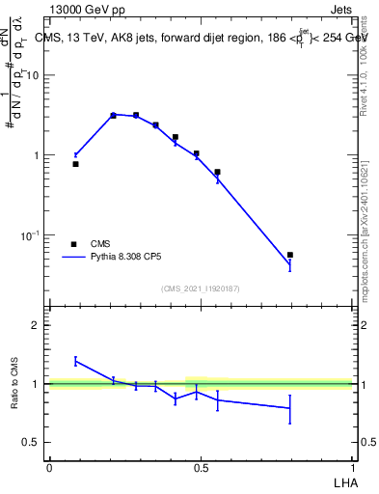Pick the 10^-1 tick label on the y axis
click(x=30, y=235)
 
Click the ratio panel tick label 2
click(x=38, y=325)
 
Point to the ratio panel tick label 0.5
click(x=32, y=443)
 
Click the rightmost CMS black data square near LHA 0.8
click(x=290, y=255)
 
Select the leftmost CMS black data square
click(x=76, y=164)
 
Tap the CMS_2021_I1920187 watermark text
click(x=202, y=288)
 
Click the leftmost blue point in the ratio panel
click(x=76, y=361)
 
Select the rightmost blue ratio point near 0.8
click(x=290, y=408)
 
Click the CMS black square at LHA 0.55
click(x=217, y=172)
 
